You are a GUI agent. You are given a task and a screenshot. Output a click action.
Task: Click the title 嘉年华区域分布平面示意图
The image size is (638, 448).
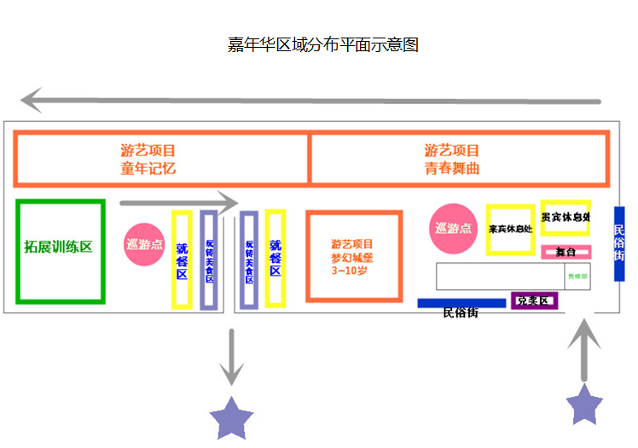point(322,45)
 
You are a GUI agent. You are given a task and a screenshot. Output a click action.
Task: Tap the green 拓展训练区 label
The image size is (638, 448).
point(58,247)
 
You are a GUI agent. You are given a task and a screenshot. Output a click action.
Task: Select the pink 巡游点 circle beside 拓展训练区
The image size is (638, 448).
point(144,244)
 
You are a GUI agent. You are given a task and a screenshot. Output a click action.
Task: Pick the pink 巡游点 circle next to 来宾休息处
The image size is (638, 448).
point(453,228)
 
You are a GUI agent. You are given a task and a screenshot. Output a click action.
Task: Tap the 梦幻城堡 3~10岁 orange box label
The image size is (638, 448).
point(352,257)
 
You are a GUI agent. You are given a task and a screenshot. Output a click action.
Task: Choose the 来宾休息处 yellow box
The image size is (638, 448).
point(510,229)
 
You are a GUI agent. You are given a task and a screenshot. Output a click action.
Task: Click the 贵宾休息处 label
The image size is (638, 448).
point(565,217)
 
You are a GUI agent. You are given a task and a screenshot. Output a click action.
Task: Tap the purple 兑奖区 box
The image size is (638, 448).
point(535,301)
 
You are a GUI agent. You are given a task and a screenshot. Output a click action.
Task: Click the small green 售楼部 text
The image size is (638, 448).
point(578,276)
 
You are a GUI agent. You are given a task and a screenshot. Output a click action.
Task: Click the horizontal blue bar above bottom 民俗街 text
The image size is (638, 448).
point(461,303)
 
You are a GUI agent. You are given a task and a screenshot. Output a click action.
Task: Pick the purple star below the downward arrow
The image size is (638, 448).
point(231,417)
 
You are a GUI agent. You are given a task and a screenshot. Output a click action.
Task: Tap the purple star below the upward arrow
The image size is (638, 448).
point(585,404)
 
